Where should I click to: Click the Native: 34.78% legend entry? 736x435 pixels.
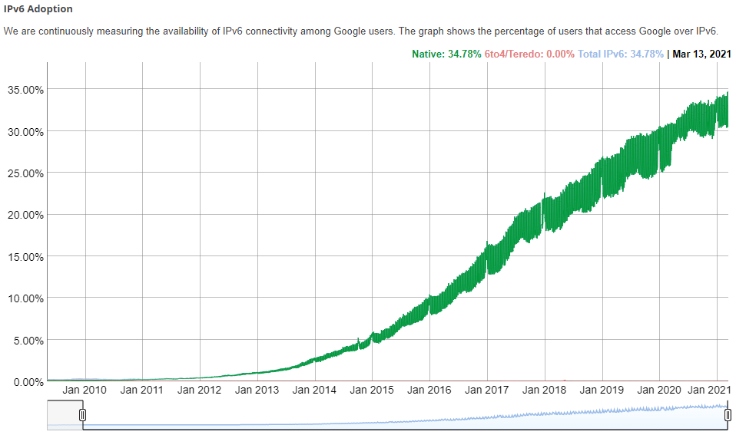tap(446, 54)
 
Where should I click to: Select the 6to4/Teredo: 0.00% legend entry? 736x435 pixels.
tap(529, 54)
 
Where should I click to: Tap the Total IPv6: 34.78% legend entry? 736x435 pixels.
tap(620, 54)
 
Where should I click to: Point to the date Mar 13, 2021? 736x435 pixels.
tap(701, 54)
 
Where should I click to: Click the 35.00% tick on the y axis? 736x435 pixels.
tap(25, 90)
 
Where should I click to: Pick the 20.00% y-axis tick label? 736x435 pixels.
tap(25, 215)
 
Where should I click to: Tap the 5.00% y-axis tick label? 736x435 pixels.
tap(28, 340)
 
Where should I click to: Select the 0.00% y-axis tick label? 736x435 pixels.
tap(28, 381)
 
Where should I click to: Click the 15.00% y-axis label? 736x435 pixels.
tap(25, 256)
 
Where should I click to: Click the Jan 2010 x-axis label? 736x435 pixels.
tap(85, 390)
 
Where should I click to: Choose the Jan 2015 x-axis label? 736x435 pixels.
tap(372, 390)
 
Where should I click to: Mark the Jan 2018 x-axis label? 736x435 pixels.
tap(544, 390)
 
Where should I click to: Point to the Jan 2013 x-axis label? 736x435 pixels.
tap(257, 390)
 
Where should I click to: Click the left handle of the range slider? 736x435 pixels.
tap(82, 415)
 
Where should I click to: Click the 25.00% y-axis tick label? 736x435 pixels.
tap(25, 173)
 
